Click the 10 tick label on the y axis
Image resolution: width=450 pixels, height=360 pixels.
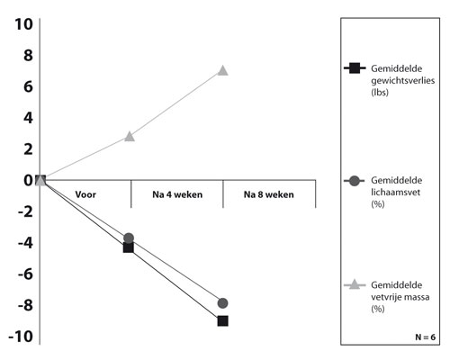pyautogui.click(x=23, y=24)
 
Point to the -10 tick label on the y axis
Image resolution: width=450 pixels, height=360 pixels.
pyautogui.click(x=21, y=337)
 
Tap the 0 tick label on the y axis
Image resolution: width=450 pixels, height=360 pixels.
pyautogui.click(x=28, y=180)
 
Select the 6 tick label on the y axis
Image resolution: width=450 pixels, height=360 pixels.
pyautogui.click(x=28, y=86)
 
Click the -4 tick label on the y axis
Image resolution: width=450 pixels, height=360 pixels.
pyautogui.click(x=25, y=243)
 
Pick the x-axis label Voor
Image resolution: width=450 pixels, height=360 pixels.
pyautogui.click(x=85, y=194)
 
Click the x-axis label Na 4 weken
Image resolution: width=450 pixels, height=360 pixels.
pyautogui.click(x=177, y=194)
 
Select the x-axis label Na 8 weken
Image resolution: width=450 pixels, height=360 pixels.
pyautogui.click(x=269, y=194)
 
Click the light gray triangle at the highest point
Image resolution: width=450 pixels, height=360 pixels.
pyautogui.click(x=222, y=71)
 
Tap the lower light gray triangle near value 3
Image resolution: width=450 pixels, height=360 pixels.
pyautogui.click(x=130, y=137)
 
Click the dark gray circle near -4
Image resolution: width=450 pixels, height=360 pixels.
pyautogui.click(x=129, y=238)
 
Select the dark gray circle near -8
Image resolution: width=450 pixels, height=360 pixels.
pyautogui.click(x=222, y=303)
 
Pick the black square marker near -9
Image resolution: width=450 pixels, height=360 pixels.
pyautogui.click(x=222, y=321)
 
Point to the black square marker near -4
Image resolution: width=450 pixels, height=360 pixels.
pyautogui.click(x=128, y=247)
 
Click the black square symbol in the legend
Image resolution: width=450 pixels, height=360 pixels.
pyautogui.click(x=355, y=68)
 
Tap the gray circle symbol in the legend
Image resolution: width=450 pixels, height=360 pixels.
pyautogui.click(x=355, y=181)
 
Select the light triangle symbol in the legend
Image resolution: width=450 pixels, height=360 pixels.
pyautogui.click(x=355, y=284)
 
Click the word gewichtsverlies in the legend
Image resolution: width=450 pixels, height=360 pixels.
pyautogui.click(x=403, y=81)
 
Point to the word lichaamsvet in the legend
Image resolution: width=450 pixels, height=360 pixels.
pyautogui.click(x=396, y=193)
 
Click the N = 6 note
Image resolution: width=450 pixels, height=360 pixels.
pyautogui.click(x=426, y=337)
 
